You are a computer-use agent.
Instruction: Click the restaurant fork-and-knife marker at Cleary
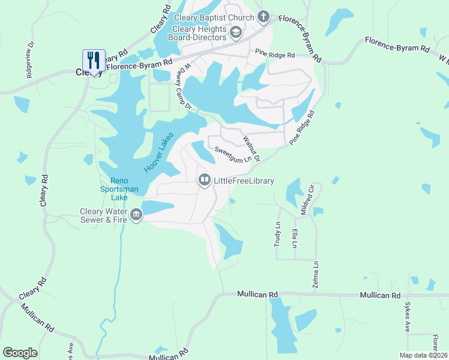[x=93, y=60]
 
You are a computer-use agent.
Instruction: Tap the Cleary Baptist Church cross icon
[x=263, y=16]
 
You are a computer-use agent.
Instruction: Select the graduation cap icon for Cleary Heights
[x=236, y=32]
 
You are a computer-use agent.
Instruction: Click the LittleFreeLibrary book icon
[x=205, y=180]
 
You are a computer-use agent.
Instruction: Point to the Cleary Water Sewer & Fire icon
[x=136, y=215]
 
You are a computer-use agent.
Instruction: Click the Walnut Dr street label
[x=251, y=148]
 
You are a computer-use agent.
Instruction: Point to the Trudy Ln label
[x=278, y=233]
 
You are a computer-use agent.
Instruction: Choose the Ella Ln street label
[x=294, y=237]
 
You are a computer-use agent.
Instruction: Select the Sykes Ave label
[x=406, y=317]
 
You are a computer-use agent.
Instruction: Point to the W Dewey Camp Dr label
[x=182, y=87]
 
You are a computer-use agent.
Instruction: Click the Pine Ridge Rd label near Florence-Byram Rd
[x=274, y=55]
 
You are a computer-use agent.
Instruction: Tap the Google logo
[x=20, y=352]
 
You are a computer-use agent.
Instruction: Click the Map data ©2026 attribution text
[x=424, y=355]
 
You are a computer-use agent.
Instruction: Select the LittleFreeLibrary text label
[x=244, y=181]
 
